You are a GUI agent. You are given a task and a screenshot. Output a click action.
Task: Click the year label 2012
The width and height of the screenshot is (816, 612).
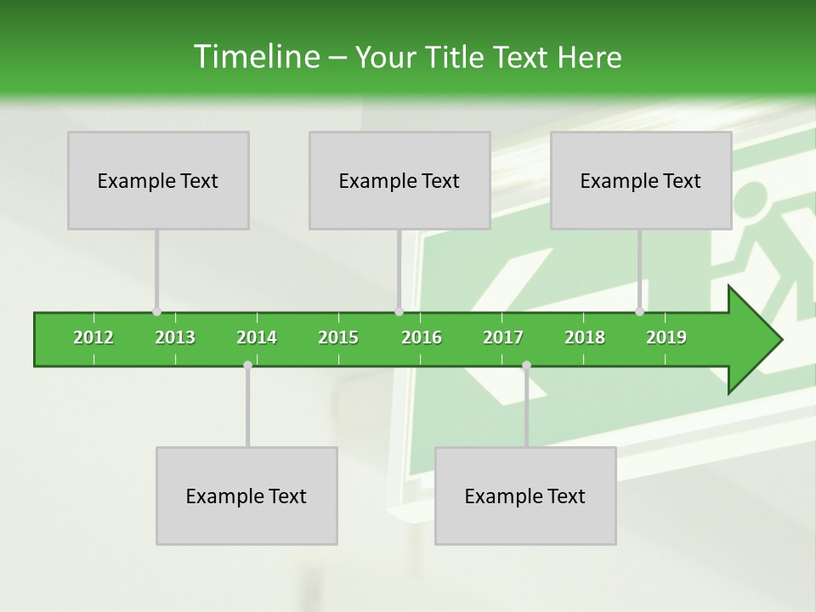tap(93, 337)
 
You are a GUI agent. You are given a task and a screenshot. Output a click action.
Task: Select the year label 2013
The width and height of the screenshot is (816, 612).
tap(175, 337)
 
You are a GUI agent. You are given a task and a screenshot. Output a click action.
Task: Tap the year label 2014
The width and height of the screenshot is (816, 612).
tap(257, 337)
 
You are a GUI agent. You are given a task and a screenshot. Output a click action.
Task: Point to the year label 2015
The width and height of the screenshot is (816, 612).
tap(338, 337)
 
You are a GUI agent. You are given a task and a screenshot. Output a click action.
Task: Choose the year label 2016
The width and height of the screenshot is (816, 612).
tap(422, 337)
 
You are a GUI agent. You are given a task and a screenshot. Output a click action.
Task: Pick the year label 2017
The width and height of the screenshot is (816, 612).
tap(503, 337)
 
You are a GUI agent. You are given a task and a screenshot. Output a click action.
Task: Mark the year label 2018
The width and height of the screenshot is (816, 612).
tap(585, 337)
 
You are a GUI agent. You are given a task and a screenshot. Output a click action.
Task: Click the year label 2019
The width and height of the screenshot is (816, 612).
tap(666, 337)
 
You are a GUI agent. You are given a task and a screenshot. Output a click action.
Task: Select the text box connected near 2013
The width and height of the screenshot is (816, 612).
tap(158, 180)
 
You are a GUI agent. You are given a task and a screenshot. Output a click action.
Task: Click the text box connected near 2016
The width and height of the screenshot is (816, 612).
tap(399, 180)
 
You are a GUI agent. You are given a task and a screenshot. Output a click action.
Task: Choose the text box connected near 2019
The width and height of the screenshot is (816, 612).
tap(641, 180)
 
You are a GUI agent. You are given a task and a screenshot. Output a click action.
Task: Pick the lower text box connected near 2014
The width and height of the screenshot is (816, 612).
tap(246, 496)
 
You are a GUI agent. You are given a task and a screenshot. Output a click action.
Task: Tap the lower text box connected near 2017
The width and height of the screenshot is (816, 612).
tap(525, 496)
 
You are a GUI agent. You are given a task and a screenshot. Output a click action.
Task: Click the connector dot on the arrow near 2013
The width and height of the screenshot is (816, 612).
tap(156, 312)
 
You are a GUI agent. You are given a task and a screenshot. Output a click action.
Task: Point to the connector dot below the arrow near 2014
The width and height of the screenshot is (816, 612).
tap(247, 365)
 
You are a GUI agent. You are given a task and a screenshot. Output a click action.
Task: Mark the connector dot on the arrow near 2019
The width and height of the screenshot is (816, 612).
tap(639, 312)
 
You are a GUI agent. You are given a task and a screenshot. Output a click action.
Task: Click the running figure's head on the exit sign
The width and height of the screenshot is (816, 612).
tap(749, 199)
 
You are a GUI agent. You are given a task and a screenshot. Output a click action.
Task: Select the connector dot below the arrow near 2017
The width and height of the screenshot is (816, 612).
tap(526, 365)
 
